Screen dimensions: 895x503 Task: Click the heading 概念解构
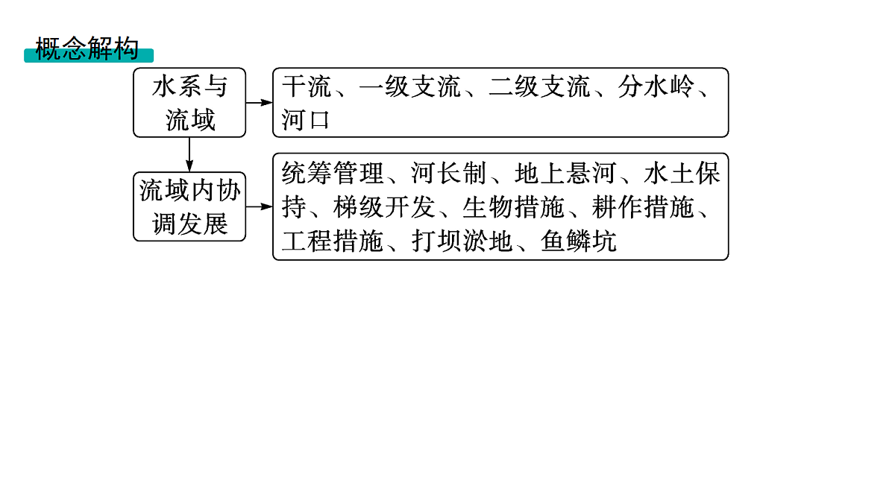pyautogui.click(x=87, y=48)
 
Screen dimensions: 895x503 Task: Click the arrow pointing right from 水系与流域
pyautogui.click(x=260, y=103)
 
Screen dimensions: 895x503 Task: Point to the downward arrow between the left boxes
pyautogui.click(x=189, y=155)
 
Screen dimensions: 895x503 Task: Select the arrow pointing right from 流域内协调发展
pyautogui.click(x=260, y=206)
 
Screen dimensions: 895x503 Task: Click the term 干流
pyautogui.click(x=307, y=86)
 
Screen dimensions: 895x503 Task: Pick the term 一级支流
pyautogui.click(x=410, y=86)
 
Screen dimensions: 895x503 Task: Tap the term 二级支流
pyautogui.click(x=539, y=86)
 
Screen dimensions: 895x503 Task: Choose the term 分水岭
pyautogui.click(x=656, y=86)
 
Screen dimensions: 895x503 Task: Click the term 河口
pyautogui.click(x=306, y=119)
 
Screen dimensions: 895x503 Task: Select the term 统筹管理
pyautogui.click(x=333, y=173)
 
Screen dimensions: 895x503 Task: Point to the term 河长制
pyautogui.click(x=449, y=173)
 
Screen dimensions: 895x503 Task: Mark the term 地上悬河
pyautogui.click(x=565, y=173)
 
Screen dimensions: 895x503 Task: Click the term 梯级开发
pyautogui.click(x=384, y=207)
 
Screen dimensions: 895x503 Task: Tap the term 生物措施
pyautogui.click(x=513, y=207)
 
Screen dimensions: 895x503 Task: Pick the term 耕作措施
pyautogui.click(x=643, y=207)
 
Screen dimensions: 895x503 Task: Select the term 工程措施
pyautogui.click(x=333, y=241)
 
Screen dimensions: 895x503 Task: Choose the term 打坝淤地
pyautogui.click(x=462, y=241)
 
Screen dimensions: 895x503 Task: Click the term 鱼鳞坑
pyautogui.click(x=579, y=241)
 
